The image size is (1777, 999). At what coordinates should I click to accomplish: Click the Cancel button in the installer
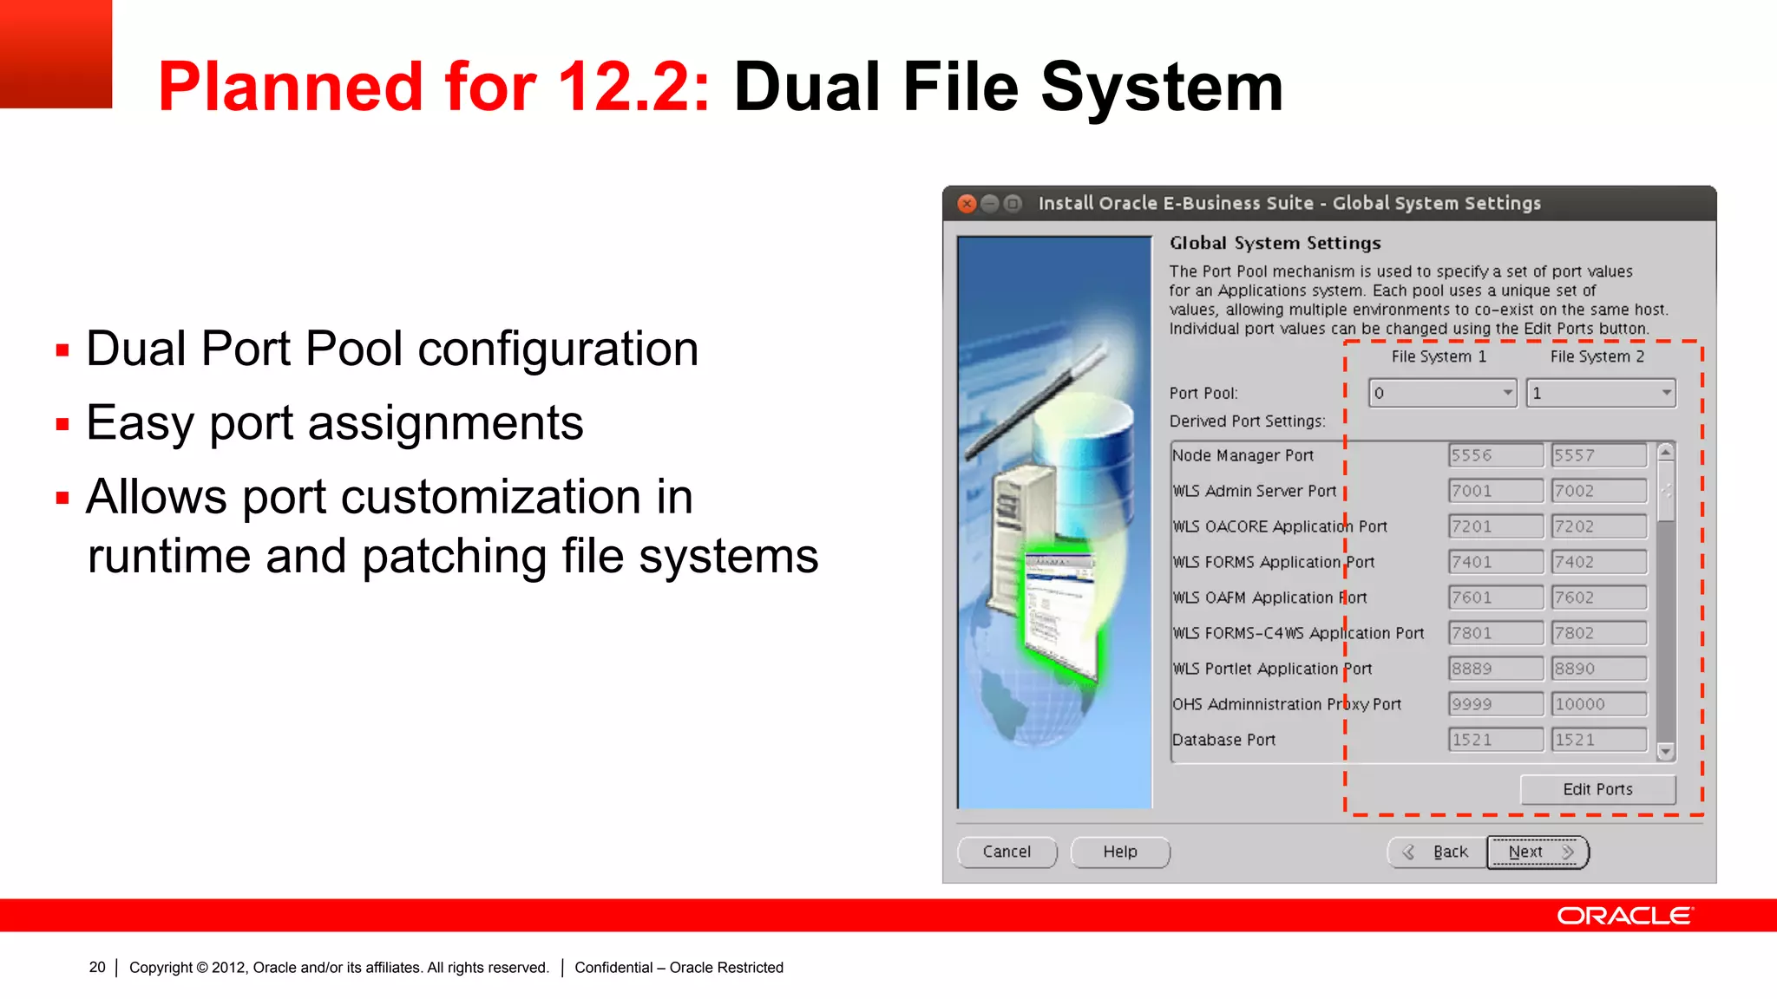(1007, 852)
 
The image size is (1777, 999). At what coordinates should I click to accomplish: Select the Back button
(1437, 852)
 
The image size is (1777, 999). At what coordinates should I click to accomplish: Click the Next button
(1537, 852)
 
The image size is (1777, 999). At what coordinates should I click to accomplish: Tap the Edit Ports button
(1597, 789)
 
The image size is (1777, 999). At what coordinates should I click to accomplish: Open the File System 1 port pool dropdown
(1442, 393)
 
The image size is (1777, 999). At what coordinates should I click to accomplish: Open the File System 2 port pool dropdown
(1601, 393)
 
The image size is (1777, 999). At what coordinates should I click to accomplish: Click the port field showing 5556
(1495, 455)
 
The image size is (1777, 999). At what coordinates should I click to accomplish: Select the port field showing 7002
(1598, 491)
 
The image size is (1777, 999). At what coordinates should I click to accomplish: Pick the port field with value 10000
(1598, 704)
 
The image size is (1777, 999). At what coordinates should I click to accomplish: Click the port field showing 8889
(1495, 669)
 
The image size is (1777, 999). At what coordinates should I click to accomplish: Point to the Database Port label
(1223, 740)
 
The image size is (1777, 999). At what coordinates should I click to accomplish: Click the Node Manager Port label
(1243, 455)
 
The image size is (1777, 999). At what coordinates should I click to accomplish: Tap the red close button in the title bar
(967, 204)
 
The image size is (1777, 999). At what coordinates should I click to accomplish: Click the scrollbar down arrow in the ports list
(1665, 751)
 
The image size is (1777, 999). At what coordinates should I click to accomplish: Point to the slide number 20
(97, 967)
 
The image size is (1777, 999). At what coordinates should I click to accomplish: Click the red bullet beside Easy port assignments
(62, 425)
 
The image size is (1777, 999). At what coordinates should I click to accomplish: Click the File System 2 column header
(1597, 356)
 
